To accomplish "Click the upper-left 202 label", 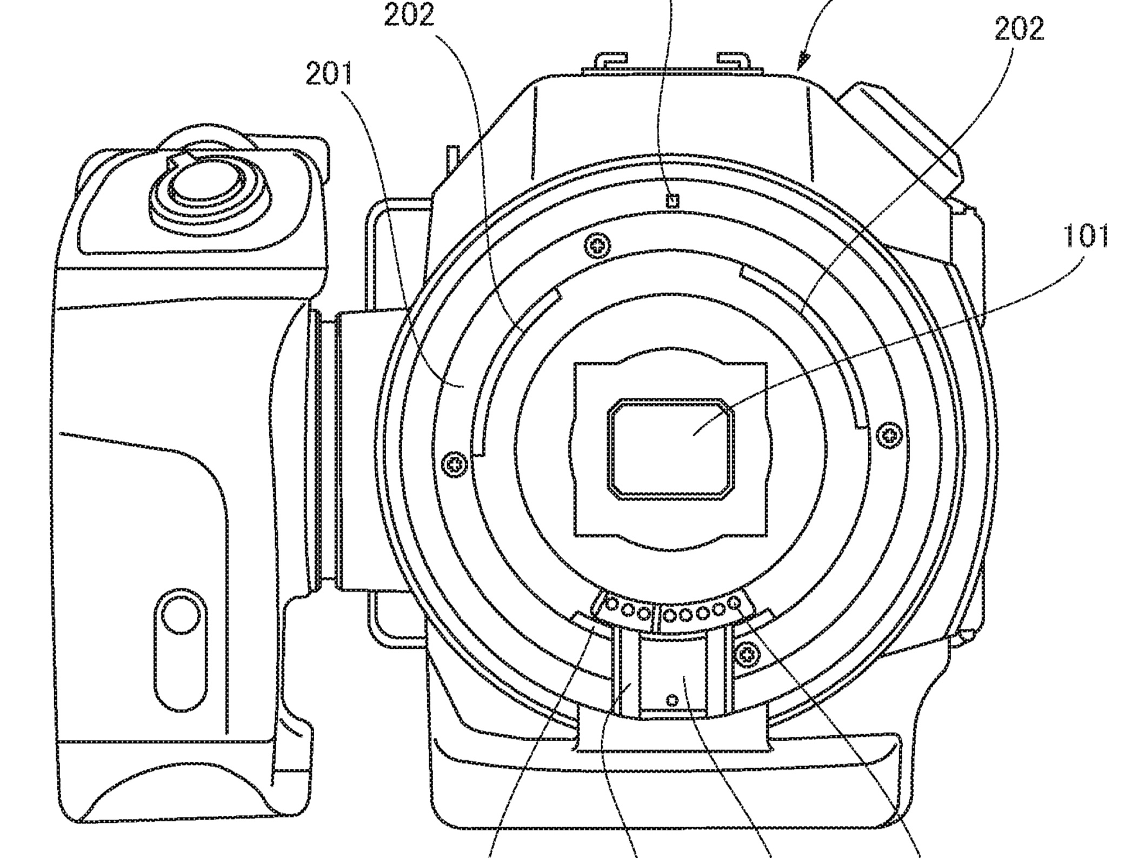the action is (x=409, y=15).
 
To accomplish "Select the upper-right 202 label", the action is (x=1019, y=29).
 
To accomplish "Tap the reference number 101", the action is (x=1086, y=236).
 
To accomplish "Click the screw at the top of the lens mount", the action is (x=597, y=247).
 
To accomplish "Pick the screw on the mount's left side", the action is (x=455, y=464).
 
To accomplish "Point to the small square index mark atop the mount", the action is (x=672, y=201).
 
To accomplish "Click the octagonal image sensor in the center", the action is (x=671, y=449).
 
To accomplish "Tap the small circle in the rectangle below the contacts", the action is (x=672, y=701).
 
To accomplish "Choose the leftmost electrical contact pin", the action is (x=613, y=603).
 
